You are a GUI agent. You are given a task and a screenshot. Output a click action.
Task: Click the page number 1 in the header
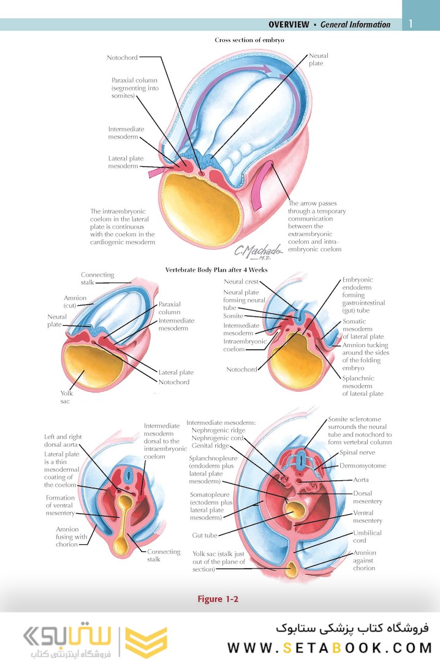pos(411,24)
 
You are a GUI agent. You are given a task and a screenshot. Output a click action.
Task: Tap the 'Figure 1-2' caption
pos(218,599)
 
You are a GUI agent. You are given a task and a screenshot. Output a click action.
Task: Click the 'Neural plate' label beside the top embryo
pos(318,59)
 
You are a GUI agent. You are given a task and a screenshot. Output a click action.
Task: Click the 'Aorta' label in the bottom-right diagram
pos(361,480)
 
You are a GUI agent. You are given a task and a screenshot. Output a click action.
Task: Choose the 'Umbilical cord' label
pos(367,537)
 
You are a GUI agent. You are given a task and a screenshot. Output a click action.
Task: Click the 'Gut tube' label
pos(205,536)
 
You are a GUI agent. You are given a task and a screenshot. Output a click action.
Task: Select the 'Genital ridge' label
pos(210,446)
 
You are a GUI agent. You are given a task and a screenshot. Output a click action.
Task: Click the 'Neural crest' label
pos(241,282)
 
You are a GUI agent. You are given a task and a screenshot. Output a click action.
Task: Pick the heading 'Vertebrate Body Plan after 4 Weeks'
pos(216,270)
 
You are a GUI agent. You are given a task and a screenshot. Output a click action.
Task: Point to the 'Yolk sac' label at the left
pos(66,397)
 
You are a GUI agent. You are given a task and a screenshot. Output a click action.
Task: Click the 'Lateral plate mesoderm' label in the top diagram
pos(126,162)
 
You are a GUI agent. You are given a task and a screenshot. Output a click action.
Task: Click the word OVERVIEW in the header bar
pos(288,24)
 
